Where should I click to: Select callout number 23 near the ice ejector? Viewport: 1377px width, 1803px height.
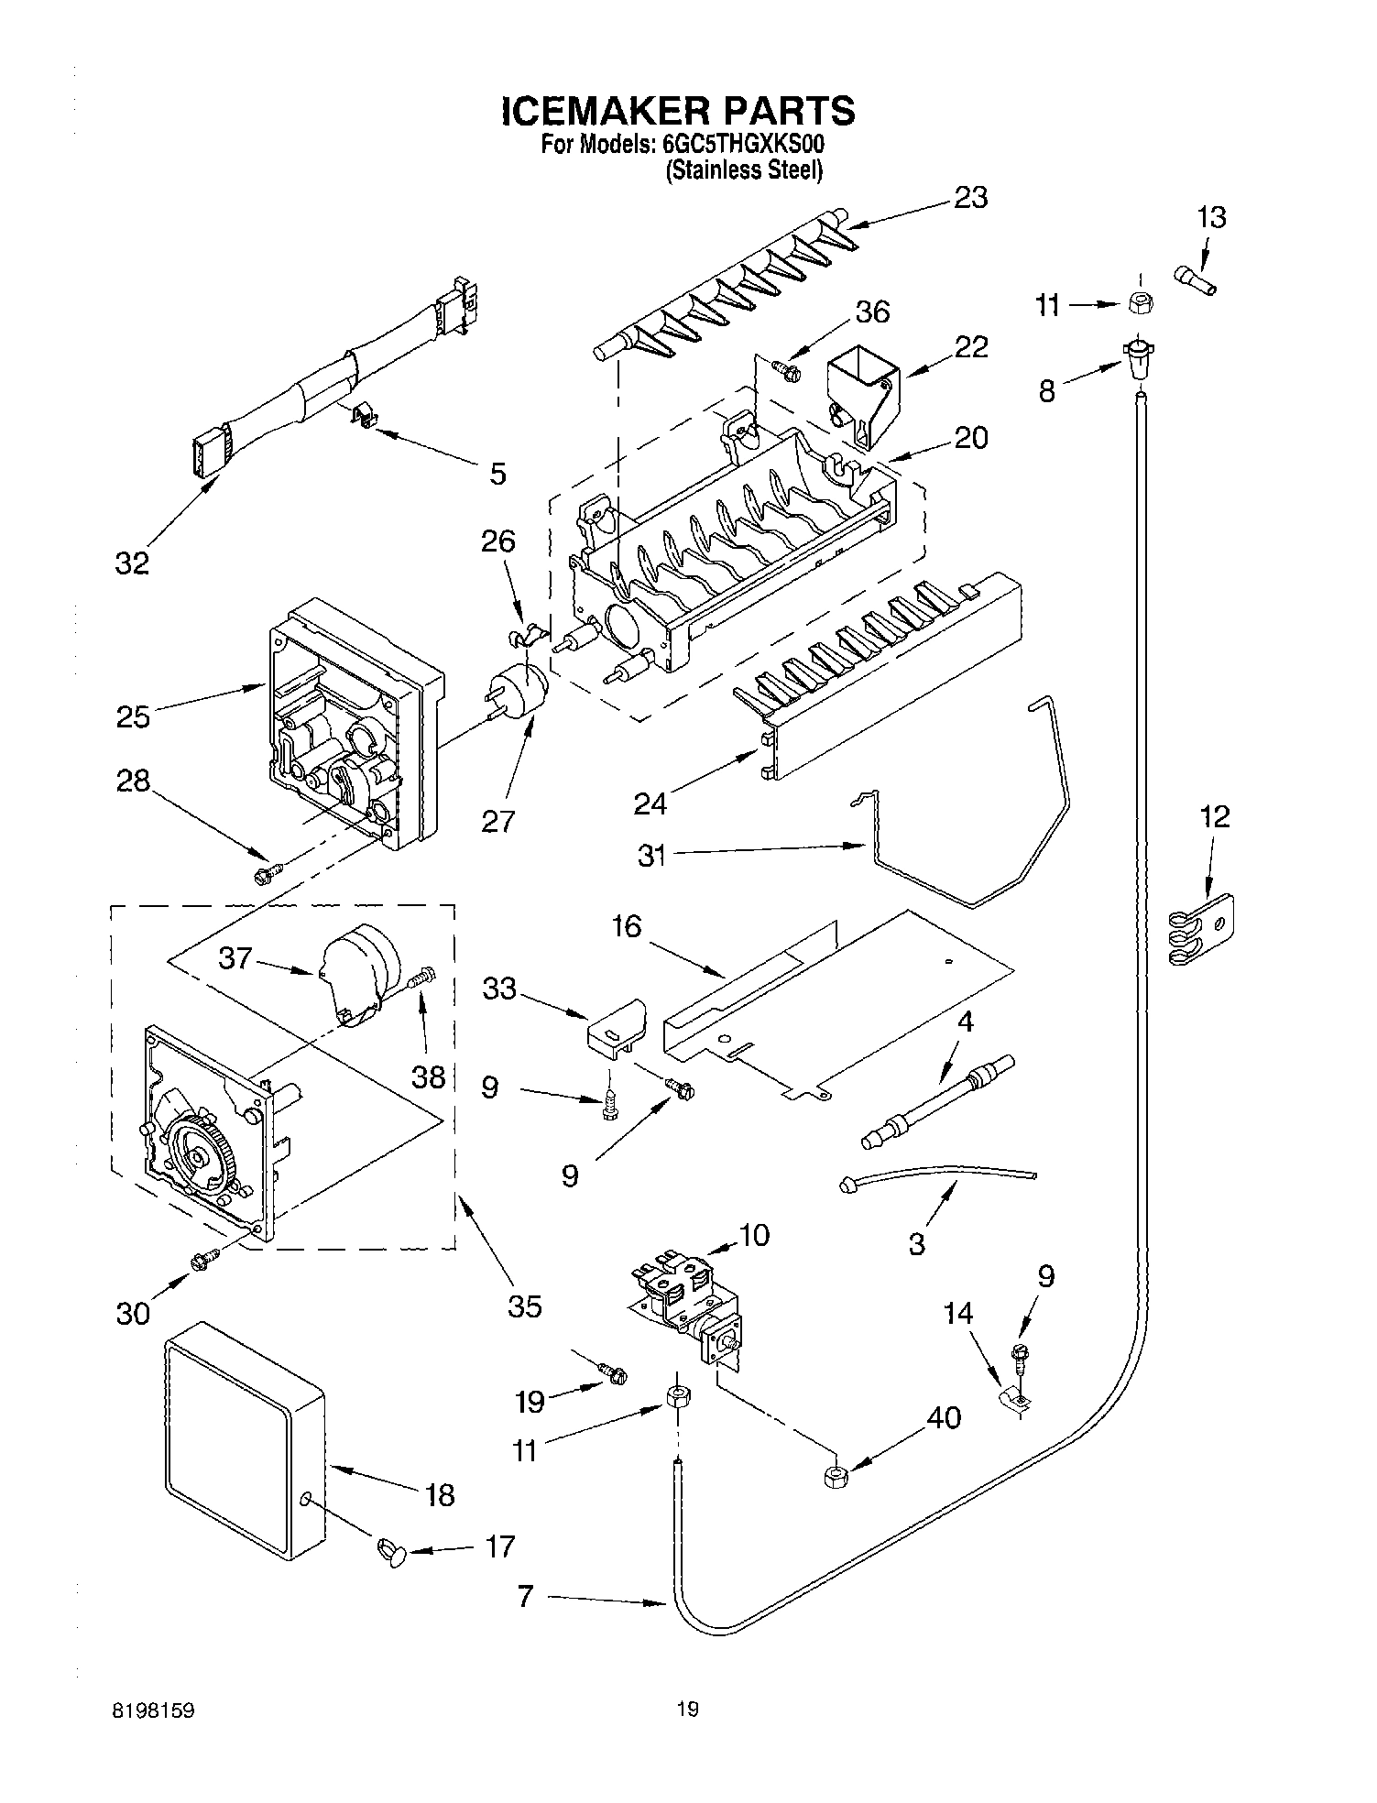point(970,198)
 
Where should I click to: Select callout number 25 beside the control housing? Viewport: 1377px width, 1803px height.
point(133,716)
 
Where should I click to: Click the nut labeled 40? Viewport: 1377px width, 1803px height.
point(835,1476)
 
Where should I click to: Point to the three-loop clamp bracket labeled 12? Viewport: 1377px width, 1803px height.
point(1200,931)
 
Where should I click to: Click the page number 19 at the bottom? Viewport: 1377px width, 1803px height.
point(688,1709)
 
